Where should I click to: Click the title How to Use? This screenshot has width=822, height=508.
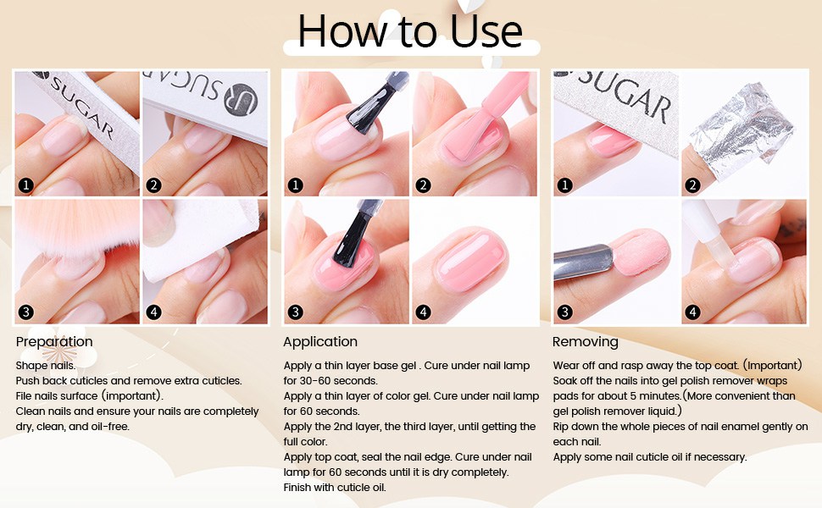coord(410,30)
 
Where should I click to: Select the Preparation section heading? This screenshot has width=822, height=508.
coord(54,342)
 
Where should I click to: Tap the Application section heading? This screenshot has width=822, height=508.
coord(320,342)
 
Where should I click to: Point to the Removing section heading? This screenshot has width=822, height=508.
coord(585,342)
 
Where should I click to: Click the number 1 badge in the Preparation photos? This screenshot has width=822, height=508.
coord(26,185)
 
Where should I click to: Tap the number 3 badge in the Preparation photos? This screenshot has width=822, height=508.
coord(26,312)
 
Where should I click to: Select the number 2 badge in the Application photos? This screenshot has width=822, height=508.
coord(424,185)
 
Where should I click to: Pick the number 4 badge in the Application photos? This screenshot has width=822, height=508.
coord(424,312)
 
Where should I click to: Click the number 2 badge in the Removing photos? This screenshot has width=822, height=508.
coord(693,185)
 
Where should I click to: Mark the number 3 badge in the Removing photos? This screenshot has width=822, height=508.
coord(565,312)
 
